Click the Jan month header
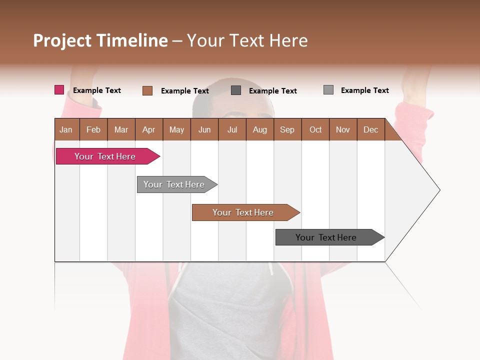tap(66, 129)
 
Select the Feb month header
tap(93, 129)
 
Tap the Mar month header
tap(121, 129)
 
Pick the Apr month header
tap(149, 129)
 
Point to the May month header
tap(176, 129)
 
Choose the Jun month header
tap(204, 129)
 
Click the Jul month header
tap(232, 129)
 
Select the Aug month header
tap(260, 129)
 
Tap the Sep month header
tap(287, 129)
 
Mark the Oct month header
tap(315, 129)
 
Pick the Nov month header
tap(343, 129)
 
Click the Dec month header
tap(371, 129)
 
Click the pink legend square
tap(59, 90)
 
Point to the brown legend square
tap(147, 90)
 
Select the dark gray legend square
tap(236, 90)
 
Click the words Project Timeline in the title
tap(100, 40)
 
